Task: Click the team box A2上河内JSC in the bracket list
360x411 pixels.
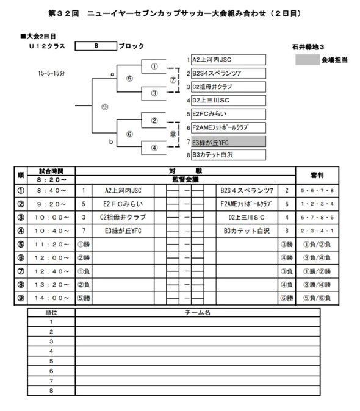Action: pyautogui.click(x=228, y=60)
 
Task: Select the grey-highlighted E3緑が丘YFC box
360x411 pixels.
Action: pyautogui.click(x=228, y=141)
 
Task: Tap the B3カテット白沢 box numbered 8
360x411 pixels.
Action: pyautogui.click(x=228, y=155)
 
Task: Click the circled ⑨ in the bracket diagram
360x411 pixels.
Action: pyautogui.click(x=104, y=107)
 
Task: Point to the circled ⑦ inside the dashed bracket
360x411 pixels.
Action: pyautogui.click(x=173, y=80)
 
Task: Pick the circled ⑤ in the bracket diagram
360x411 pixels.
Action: pyautogui.click(x=129, y=79)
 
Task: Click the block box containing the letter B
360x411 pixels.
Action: pyautogui.click(x=96, y=46)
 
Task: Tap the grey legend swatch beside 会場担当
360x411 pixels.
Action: pyautogui.click(x=308, y=60)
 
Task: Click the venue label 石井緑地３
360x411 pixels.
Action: pyautogui.click(x=308, y=47)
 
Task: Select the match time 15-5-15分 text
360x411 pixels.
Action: pyautogui.click(x=51, y=73)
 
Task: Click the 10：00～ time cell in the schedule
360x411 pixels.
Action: pyautogui.click(x=52, y=217)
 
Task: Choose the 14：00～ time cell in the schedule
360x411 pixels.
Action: pyautogui.click(x=52, y=298)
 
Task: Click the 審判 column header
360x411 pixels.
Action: pyautogui.click(x=317, y=175)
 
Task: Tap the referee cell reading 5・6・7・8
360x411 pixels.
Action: pyautogui.click(x=317, y=190)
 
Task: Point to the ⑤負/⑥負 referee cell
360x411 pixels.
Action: pyautogui.click(x=317, y=298)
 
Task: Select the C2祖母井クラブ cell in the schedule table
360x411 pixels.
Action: pyautogui.click(x=123, y=217)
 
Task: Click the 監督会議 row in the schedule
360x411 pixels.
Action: pyautogui.click(x=185, y=179)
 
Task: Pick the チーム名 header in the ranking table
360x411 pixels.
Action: pyautogui.click(x=198, y=312)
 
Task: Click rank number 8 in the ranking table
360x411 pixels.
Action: pyautogui.click(x=51, y=390)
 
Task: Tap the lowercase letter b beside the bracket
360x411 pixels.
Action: pyautogui.click(x=111, y=142)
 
